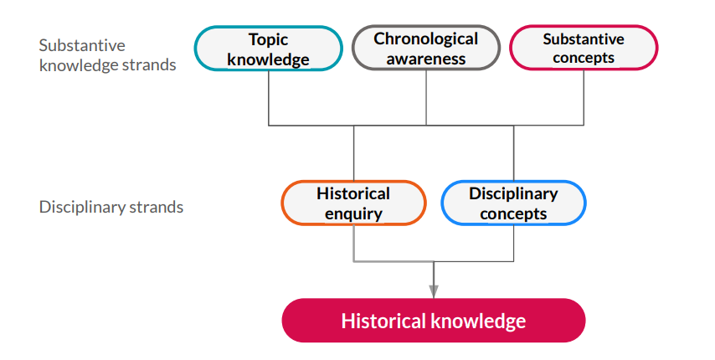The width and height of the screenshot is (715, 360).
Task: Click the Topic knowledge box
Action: pyautogui.click(x=268, y=49)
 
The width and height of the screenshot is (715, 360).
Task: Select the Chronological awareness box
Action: pyautogui.click(x=426, y=48)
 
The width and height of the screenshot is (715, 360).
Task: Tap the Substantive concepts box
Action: pyautogui.click(x=584, y=48)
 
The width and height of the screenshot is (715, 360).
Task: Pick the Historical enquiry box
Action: pyautogui.click(x=353, y=203)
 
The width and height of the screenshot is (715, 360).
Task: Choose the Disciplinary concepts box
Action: pyautogui.click(x=513, y=203)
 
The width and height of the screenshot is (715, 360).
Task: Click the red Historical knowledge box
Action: pyautogui.click(x=434, y=321)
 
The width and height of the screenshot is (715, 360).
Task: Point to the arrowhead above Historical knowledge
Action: pyautogui.click(x=434, y=291)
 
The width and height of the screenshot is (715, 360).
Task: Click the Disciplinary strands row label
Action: pyautogui.click(x=111, y=207)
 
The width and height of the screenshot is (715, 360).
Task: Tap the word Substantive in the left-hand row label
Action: pyautogui.click(x=82, y=45)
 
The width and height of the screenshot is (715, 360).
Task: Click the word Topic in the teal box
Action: pyautogui.click(x=268, y=39)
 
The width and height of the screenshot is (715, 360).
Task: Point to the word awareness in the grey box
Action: pyautogui.click(x=426, y=59)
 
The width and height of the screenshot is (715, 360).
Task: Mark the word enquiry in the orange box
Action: pyautogui.click(x=353, y=213)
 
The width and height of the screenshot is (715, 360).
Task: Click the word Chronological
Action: pyautogui.click(x=426, y=39)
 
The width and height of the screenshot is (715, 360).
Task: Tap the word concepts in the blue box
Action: pyautogui.click(x=513, y=213)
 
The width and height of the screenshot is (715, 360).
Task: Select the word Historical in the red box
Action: pyautogui.click(x=384, y=321)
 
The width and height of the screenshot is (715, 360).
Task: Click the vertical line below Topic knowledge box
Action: pyautogui.click(x=268, y=98)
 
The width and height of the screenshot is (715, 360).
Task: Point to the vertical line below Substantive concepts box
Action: pyautogui.click(x=584, y=97)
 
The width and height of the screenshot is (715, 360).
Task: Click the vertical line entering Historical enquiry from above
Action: pyautogui.click(x=353, y=153)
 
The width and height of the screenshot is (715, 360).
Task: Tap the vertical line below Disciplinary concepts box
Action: pyautogui.click(x=514, y=244)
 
